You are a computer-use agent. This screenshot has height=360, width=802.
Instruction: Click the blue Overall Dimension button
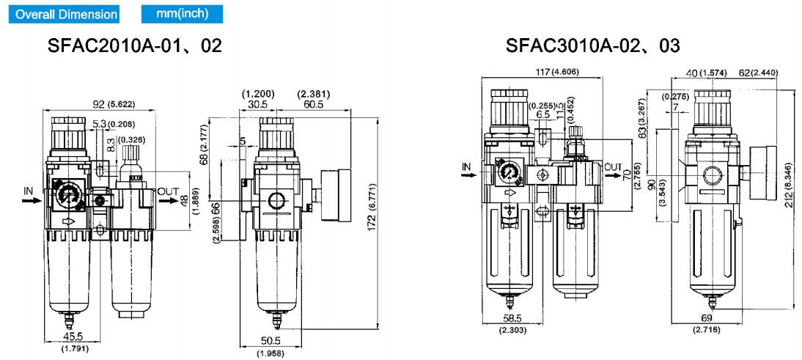pyautogui.click(x=64, y=14)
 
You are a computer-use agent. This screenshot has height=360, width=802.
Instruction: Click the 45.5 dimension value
pyautogui.click(x=70, y=337)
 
